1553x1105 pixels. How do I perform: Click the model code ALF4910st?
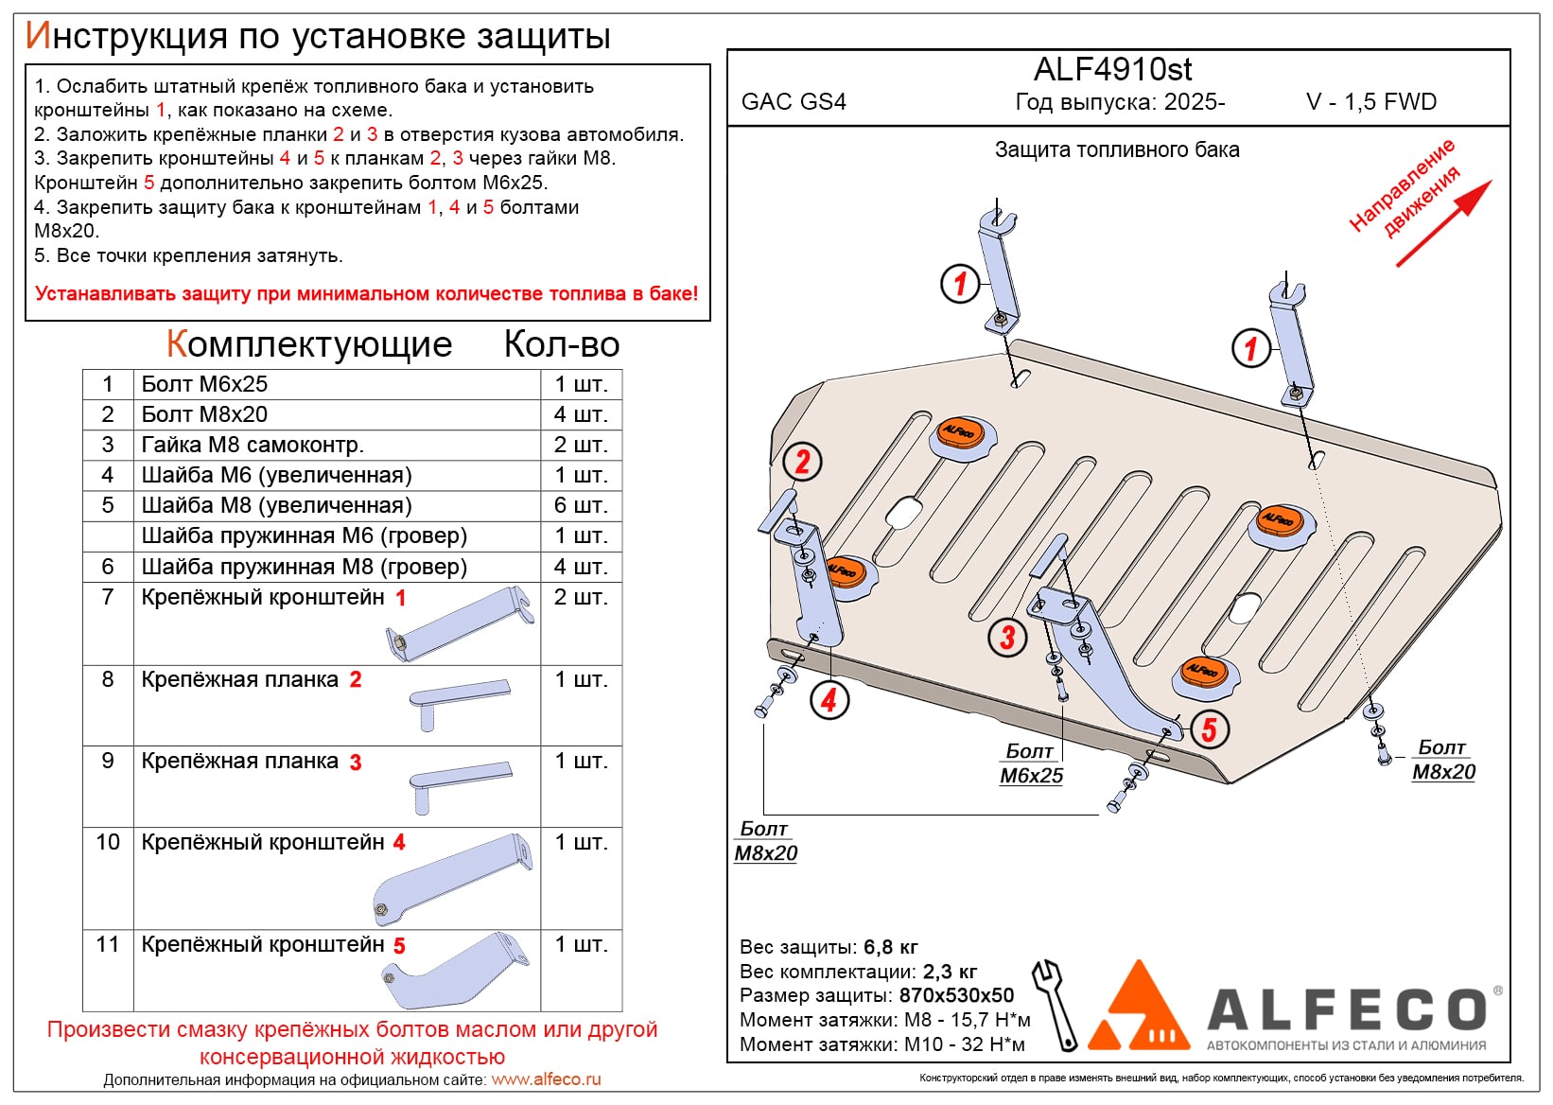[1112, 69]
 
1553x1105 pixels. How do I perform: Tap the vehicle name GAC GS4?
[794, 102]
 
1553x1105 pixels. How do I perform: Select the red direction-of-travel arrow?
[1443, 223]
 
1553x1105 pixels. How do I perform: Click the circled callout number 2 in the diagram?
[802, 462]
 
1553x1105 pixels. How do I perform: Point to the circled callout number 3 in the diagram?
[1007, 637]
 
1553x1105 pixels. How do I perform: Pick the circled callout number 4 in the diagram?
[829, 700]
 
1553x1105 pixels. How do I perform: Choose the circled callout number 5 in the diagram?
[1209, 728]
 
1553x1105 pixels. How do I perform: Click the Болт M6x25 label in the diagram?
[1031, 763]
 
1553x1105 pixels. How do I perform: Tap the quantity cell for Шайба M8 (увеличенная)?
[581, 505]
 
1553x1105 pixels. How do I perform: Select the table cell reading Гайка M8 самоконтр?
[253, 445]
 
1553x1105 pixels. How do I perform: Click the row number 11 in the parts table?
[108, 944]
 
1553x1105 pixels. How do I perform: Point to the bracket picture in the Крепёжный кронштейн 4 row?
[452, 880]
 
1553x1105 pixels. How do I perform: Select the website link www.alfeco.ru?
[546, 1079]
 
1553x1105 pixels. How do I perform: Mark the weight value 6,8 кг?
[890, 947]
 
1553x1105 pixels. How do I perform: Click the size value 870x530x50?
[956, 995]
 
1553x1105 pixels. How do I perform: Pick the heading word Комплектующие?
[309, 344]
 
